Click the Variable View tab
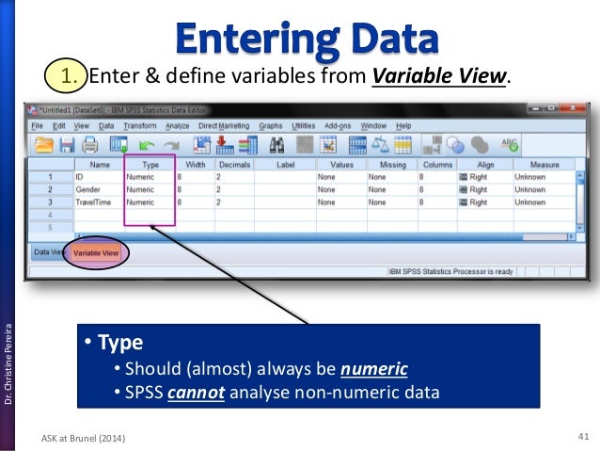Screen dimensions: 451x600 point(97,253)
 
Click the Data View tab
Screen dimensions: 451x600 point(47,252)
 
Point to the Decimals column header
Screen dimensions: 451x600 point(233,164)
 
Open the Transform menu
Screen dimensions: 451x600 point(139,125)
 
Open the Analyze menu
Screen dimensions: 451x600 point(177,125)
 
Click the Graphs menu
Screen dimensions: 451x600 point(270,125)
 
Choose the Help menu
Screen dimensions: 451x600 point(403,125)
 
